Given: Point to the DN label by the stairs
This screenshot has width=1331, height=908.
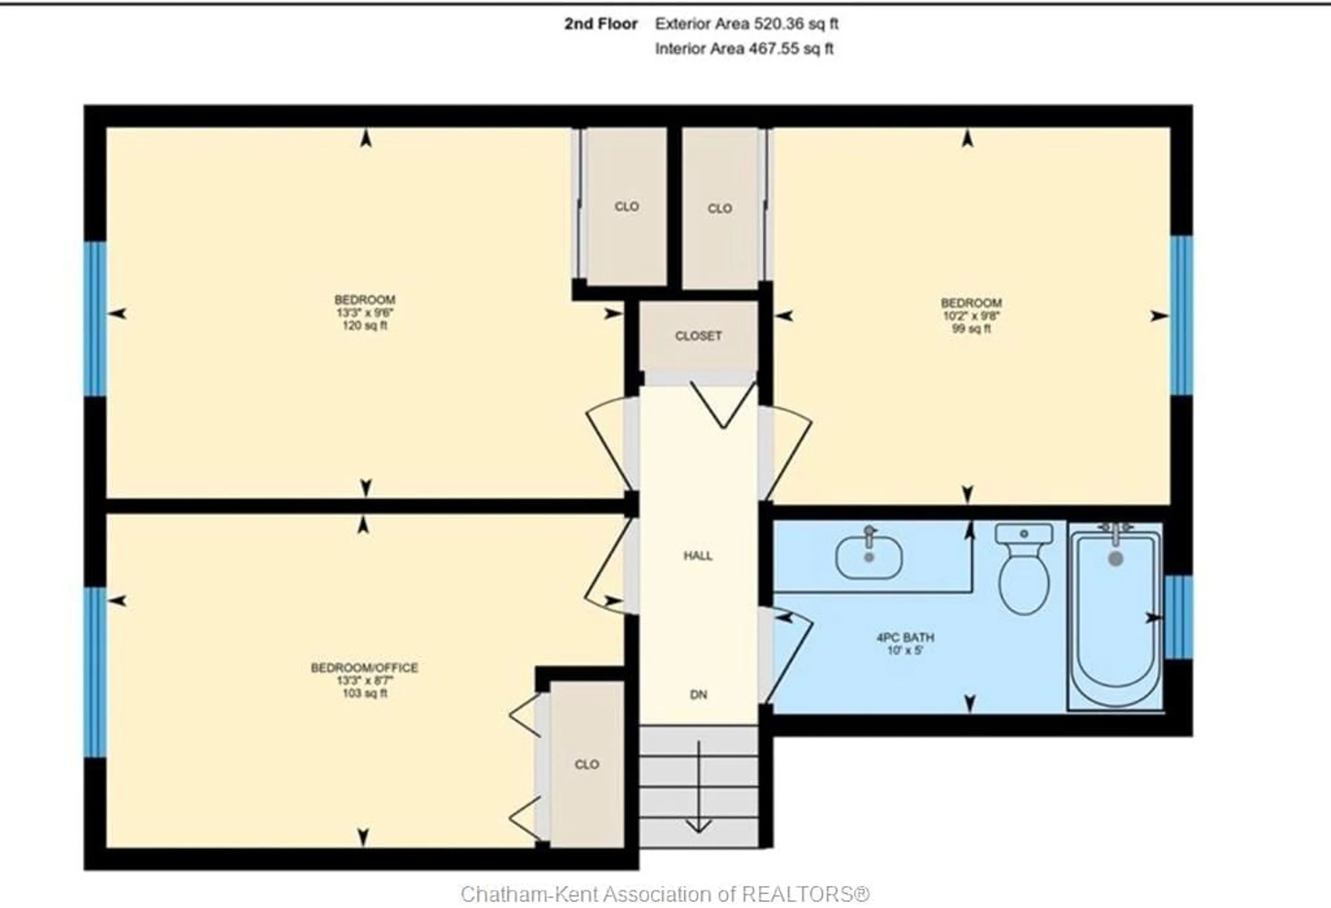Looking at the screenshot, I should pos(698,695).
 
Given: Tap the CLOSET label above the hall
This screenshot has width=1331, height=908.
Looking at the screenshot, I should pos(698,336).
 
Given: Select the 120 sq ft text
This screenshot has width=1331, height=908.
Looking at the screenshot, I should pos(365,326).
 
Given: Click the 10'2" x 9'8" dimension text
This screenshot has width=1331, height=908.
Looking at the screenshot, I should pos(971,316).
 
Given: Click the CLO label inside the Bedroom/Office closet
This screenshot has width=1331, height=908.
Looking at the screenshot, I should pos(586,764).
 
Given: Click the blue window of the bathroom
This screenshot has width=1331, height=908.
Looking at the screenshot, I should pos(1178,617).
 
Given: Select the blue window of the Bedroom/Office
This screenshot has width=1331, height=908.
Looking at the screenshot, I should pos(95,671).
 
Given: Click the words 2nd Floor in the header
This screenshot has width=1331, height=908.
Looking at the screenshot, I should pos(601,24).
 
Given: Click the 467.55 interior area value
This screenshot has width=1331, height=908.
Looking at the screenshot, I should pos(774,49).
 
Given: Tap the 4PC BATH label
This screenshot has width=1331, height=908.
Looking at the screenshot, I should pos(905,637).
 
